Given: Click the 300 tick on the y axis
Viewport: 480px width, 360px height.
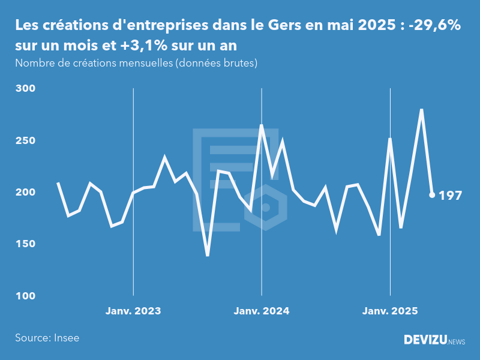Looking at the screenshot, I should coord(26,89).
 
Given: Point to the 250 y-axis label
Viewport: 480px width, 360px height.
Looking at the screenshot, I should coord(26,140).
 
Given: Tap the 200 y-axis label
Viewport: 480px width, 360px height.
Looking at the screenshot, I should coord(26,193).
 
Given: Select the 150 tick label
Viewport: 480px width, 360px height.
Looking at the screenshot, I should coord(26,244).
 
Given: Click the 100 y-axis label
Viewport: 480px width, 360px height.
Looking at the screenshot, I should coord(26,296).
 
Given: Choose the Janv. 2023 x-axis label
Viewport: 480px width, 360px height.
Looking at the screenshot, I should coord(133,311).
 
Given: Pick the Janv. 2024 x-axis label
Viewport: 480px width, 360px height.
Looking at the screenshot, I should coord(262,311).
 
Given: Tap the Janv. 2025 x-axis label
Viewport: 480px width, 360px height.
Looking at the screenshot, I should coord(391,311).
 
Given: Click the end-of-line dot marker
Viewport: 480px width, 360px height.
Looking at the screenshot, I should coord(432,195).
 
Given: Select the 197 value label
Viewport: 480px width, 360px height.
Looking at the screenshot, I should coord(450,196).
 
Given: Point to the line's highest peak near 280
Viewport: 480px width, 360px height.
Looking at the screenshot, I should coord(422,110).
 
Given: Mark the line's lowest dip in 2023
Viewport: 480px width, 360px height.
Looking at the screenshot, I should coord(208,255).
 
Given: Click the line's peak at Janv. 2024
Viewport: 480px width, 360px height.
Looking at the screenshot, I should coord(262,125).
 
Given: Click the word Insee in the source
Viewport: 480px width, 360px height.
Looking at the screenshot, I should coord(66,338).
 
